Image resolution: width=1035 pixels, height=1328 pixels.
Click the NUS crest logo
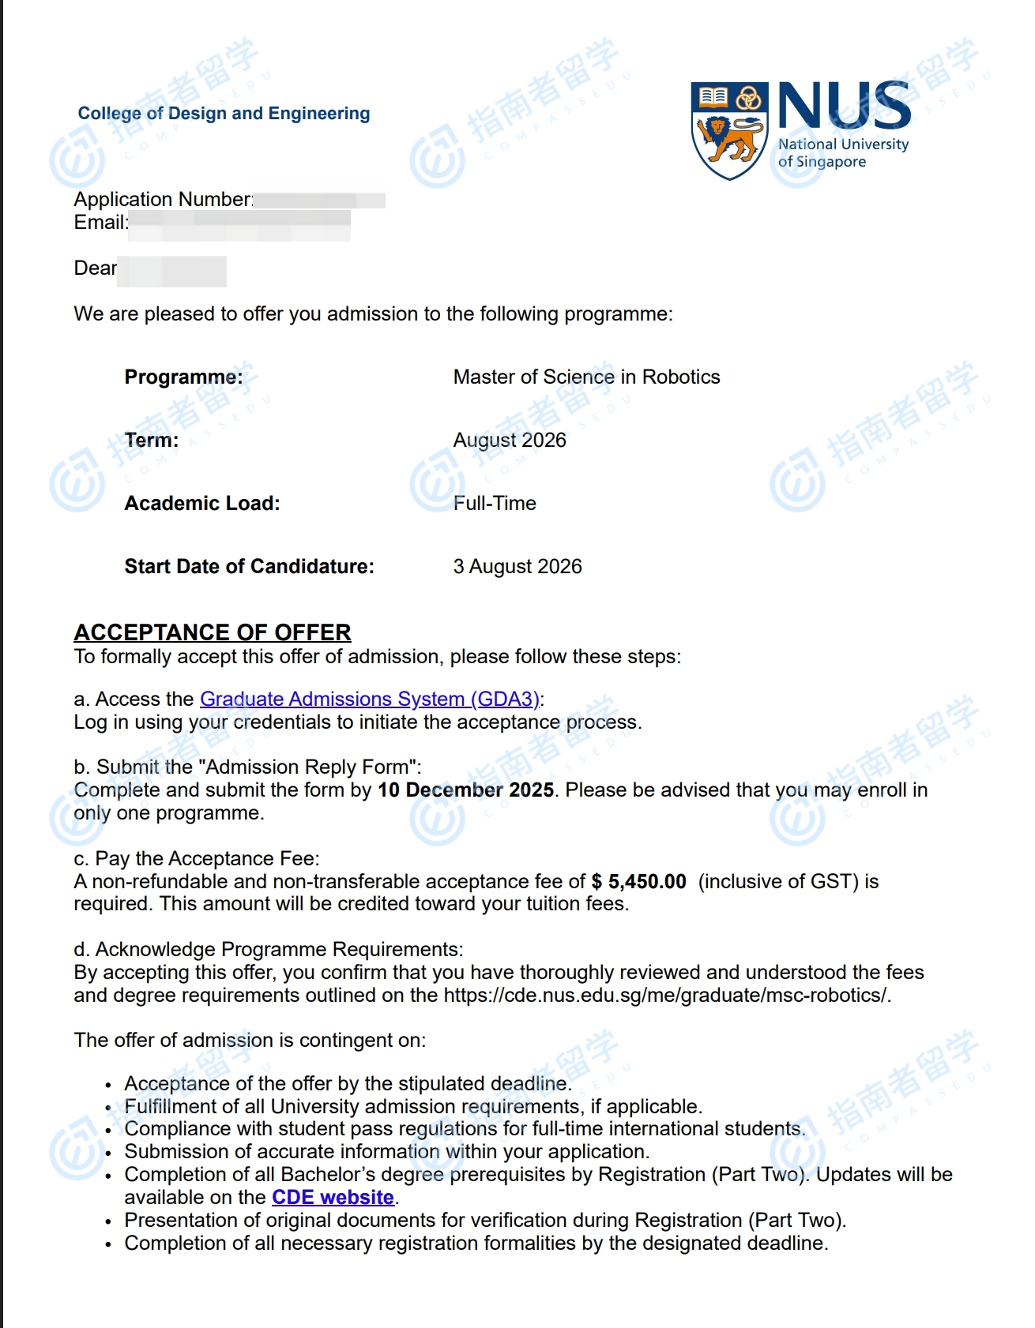[729, 129]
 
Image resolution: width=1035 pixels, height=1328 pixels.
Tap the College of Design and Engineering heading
[224, 114]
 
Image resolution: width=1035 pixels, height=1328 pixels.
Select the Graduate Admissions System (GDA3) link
[369, 699]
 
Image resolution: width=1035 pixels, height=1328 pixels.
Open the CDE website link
[333, 1197]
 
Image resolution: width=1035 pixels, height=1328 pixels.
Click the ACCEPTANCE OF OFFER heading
[213, 632]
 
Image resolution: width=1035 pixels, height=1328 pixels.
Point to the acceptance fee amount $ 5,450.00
[638, 881]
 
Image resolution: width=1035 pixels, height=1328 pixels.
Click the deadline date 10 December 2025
[465, 790]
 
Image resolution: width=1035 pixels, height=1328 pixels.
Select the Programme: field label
[183, 377]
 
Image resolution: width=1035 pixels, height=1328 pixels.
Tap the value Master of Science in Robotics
[586, 377]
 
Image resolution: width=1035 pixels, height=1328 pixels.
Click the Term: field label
[152, 440]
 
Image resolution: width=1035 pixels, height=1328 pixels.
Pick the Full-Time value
[495, 503]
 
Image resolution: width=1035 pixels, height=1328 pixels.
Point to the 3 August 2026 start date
[517, 566]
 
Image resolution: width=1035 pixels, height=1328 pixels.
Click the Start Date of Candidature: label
[249, 566]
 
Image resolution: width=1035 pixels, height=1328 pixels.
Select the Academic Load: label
[202, 503]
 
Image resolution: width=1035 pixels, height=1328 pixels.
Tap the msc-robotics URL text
[667, 995]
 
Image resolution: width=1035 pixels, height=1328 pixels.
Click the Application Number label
[163, 199]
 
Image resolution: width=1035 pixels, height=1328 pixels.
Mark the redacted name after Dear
[172, 271]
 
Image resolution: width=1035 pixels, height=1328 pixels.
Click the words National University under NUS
[843, 144]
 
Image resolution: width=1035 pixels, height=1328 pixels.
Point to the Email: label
[101, 223]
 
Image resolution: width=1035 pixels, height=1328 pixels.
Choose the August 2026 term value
[510, 440]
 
